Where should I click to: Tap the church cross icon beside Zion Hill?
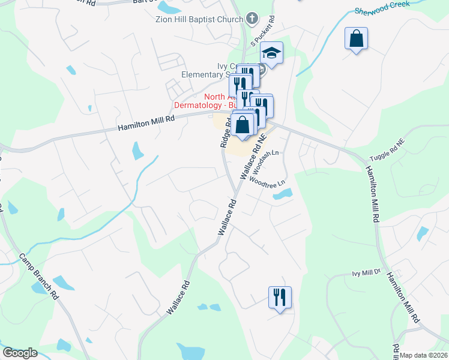point(252,17)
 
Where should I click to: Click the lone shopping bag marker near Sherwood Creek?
point(357,40)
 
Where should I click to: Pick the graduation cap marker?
point(271,54)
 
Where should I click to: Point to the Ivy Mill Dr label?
point(366,272)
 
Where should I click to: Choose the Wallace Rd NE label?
point(253,157)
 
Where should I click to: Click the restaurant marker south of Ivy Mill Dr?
point(280,297)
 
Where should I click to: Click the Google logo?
point(20,353)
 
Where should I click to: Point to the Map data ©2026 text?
point(424,355)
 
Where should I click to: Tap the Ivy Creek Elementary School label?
point(204,70)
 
